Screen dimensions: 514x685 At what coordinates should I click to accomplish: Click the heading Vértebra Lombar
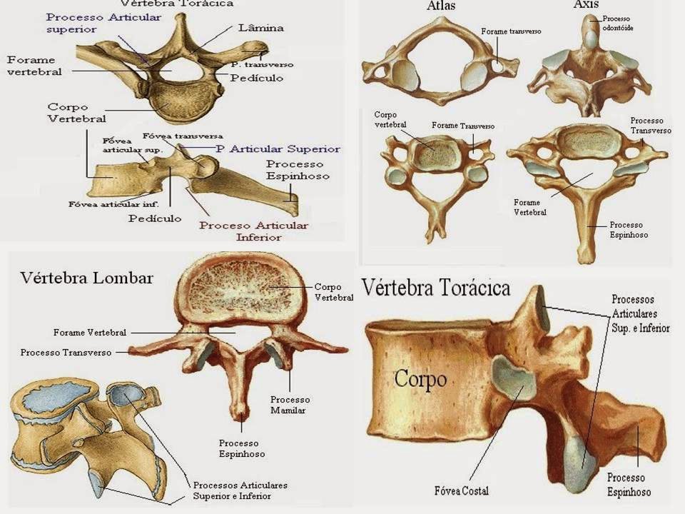[x=86, y=278]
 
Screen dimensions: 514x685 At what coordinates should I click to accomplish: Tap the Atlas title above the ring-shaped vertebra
[x=442, y=6]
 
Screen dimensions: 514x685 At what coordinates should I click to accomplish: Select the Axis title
[x=586, y=5]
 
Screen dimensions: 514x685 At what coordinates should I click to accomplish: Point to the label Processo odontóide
[x=618, y=24]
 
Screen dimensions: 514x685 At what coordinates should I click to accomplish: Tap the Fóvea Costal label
[x=461, y=491]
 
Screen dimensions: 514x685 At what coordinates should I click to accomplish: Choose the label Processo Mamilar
[x=289, y=405]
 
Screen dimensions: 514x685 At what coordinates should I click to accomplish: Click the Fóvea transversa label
[x=183, y=136]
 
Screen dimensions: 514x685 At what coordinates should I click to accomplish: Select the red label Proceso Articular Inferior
[x=253, y=231]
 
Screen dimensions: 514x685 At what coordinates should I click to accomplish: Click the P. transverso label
[x=263, y=64]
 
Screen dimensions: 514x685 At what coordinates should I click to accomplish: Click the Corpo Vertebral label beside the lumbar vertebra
[x=333, y=292]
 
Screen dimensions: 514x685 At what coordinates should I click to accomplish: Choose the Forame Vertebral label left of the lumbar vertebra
[x=89, y=333]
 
